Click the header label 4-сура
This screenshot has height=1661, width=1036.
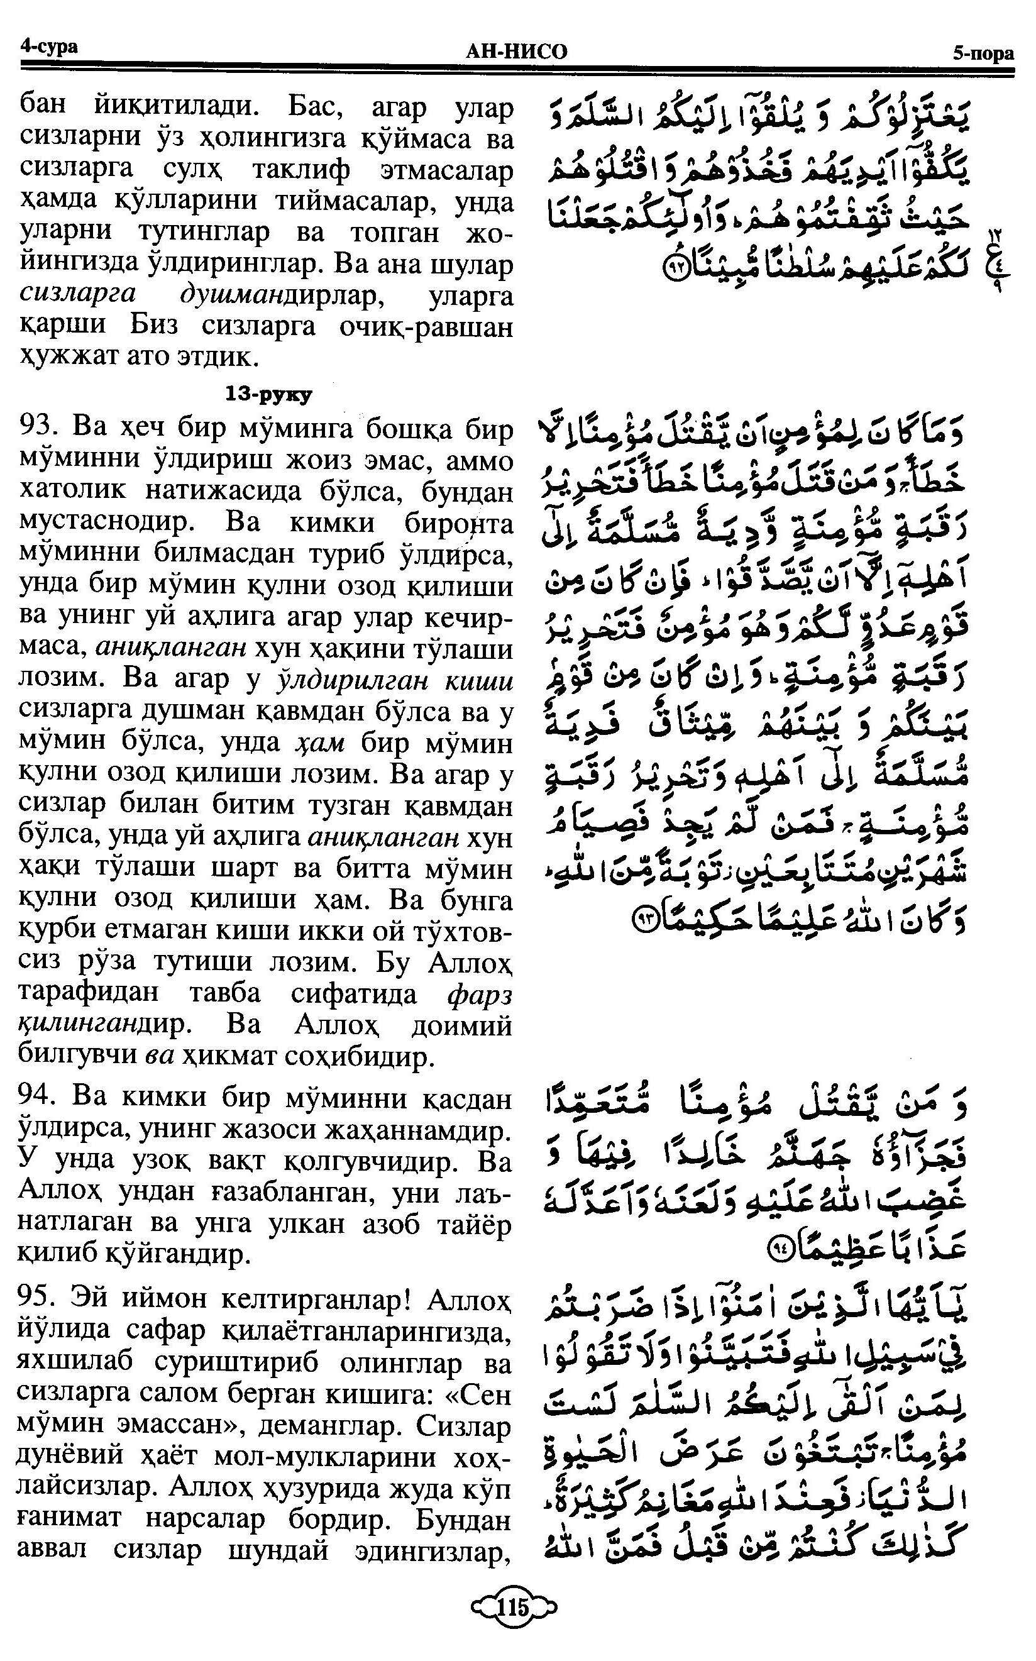48,47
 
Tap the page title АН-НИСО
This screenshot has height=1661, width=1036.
516,52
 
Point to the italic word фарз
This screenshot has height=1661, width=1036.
480,994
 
